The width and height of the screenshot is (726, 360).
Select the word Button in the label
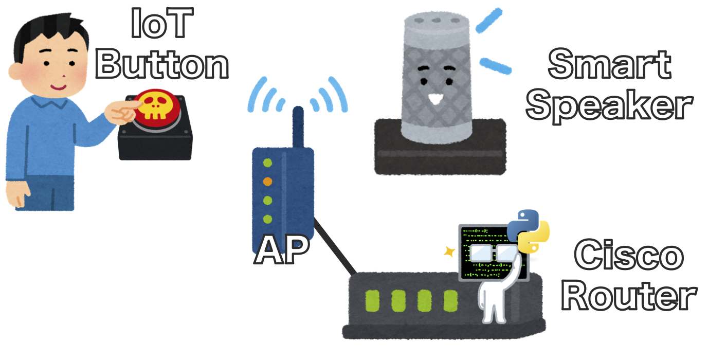pyautogui.click(x=162, y=65)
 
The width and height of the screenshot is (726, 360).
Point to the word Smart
pyautogui.click(x=609, y=64)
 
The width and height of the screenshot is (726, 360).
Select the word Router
pyautogui.click(x=629, y=297)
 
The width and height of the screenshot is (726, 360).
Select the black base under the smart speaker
pyautogui.click(x=440, y=154)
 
